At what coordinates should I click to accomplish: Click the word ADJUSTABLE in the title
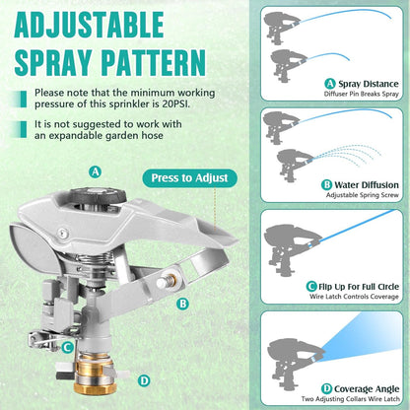(114, 23)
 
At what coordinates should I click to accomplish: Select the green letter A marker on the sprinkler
(96, 171)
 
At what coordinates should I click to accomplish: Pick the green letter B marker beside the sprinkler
(182, 305)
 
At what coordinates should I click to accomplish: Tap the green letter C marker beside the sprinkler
(66, 346)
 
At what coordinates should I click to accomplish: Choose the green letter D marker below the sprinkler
(144, 379)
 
